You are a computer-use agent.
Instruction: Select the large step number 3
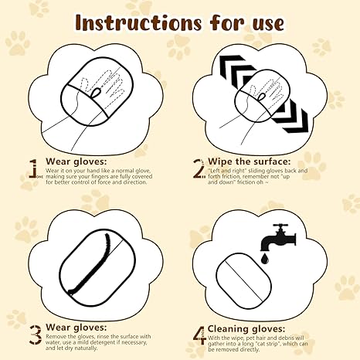click(x=34, y=334)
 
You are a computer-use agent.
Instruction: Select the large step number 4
click(x=198, y=335)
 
